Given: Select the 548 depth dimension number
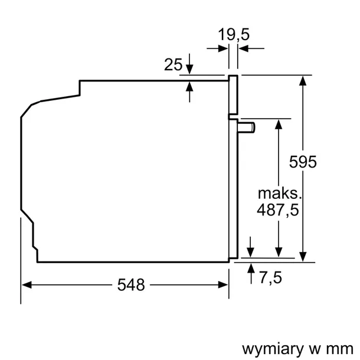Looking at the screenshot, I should (131, 285).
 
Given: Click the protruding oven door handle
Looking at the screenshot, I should (246, 126).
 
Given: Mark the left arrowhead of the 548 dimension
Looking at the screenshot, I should (26, 285).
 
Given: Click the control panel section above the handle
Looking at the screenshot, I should (233, 95).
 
